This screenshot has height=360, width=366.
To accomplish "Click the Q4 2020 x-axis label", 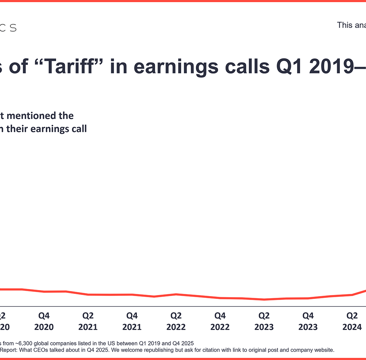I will point(44,321).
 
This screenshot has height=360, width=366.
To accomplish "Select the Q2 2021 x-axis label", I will point(88,321).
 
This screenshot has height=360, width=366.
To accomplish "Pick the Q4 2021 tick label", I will point(132,321).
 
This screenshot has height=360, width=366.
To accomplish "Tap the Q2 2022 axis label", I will point(176,321).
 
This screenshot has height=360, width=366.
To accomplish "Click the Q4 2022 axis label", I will point(220,321).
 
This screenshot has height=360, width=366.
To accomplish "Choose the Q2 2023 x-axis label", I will point(264,321).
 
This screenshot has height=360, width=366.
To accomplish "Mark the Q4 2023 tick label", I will point(308,321).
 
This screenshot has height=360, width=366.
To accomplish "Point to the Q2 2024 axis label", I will point(352,321).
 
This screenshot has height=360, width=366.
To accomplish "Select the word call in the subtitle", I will point(78,129).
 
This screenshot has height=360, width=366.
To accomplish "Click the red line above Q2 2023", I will point(264,300).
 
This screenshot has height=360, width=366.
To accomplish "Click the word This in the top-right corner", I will point(345,25).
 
